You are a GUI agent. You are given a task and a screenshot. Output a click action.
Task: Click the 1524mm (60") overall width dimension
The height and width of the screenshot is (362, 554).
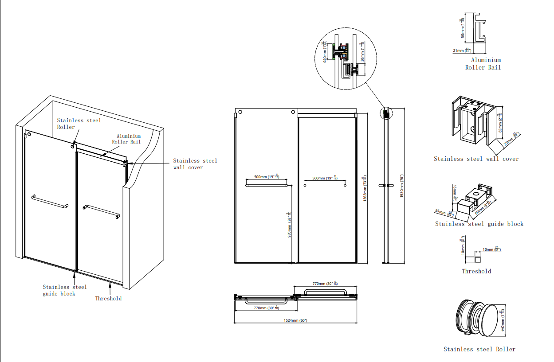[x=295, y=320]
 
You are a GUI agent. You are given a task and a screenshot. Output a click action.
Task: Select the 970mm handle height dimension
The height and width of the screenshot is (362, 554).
[x=289, y=224]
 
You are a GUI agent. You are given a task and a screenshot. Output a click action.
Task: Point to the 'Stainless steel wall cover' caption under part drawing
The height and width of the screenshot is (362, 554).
[x=476, y=159]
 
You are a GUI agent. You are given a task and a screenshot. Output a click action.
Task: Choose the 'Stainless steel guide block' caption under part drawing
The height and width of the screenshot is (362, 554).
[x=479, y=224]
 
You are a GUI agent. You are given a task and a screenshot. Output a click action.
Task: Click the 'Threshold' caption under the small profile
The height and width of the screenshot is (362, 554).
[x=476, y=271]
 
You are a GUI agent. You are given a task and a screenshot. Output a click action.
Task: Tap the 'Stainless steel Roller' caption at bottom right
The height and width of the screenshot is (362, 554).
[x=479, y=349]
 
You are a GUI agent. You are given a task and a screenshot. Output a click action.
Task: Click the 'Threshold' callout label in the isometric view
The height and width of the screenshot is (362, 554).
[x=108, y=298]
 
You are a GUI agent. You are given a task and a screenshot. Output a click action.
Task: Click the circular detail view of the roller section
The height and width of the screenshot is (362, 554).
[x=345, y=59]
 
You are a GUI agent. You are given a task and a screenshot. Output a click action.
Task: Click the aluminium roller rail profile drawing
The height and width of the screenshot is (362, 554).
[x=478, y=32]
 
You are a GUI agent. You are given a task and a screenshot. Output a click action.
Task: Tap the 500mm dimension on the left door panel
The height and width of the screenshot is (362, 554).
[x=266, y=177]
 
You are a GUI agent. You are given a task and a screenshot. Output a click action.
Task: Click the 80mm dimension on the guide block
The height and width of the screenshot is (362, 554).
[x=484, y=207]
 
